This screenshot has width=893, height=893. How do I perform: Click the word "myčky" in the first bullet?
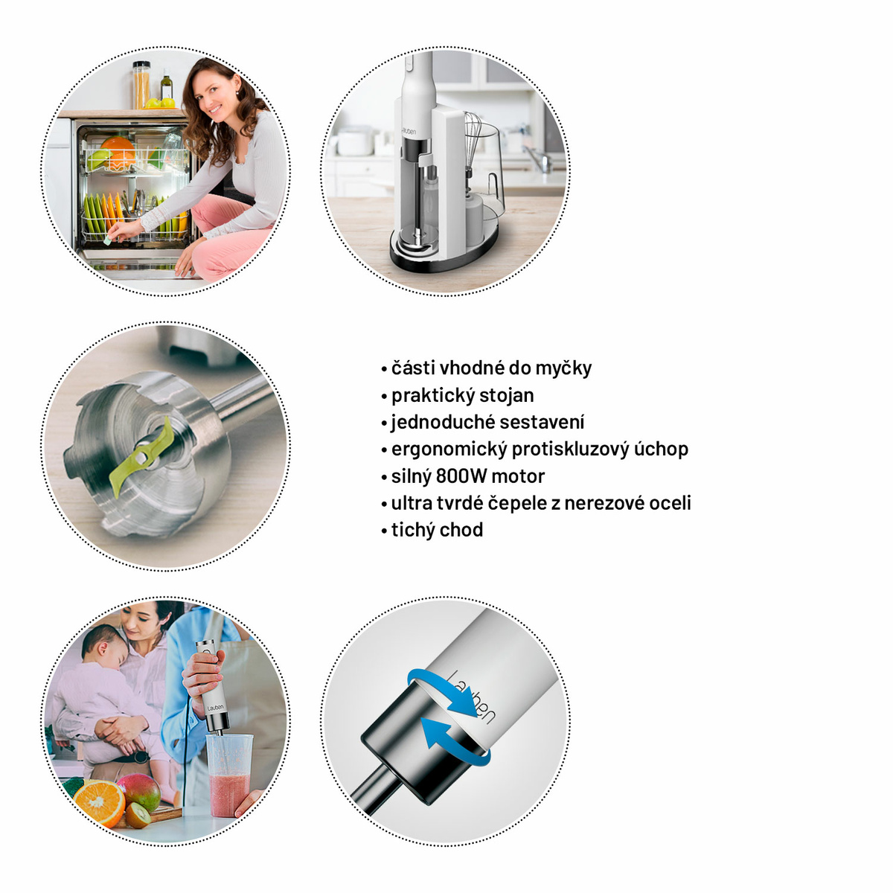[563, 369]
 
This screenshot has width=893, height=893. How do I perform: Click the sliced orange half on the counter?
[99, 803]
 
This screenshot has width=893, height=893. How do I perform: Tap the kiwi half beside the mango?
[138, 815]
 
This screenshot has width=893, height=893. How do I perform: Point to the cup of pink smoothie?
[229, 775]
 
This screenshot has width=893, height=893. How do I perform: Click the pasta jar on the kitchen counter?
[141, 85]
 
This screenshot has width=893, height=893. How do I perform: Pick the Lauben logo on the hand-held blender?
[215, 709]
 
